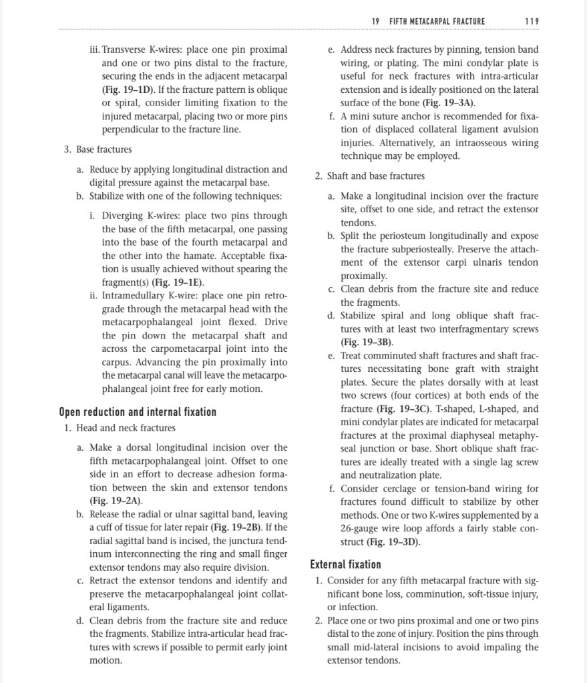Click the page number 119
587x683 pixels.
coord(532,21)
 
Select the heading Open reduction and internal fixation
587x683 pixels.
coord(138,412)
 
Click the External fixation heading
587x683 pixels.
coord(345,564)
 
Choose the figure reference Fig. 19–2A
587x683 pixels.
coord(116,501)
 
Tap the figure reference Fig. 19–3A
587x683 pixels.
coord(448,103)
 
